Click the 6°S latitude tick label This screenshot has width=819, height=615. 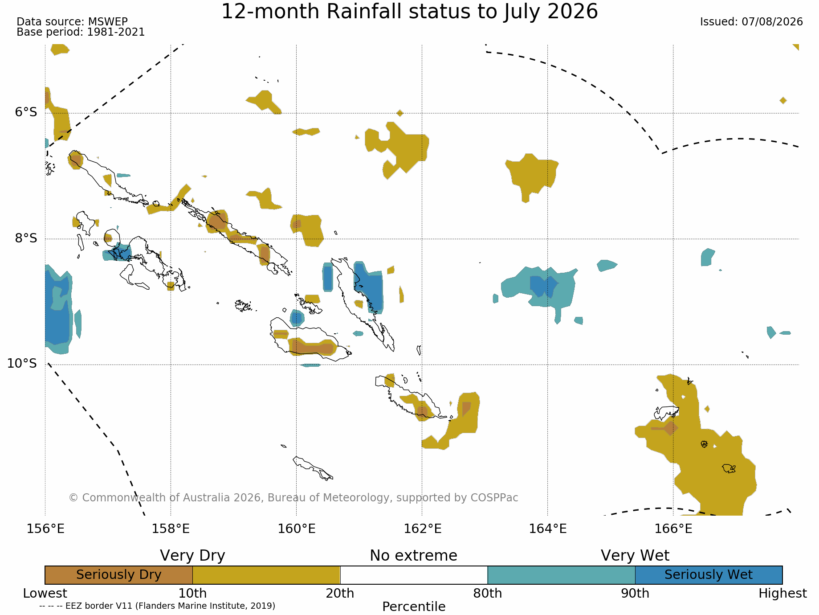tap(26, 112)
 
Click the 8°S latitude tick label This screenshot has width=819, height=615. tap(26, 238)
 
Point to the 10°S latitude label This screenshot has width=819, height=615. tap(22, 364)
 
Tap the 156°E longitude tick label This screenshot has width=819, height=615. tap(45, 529)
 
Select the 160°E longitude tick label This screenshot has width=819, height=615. tap(297, 529)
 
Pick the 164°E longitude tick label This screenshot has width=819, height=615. tap(548, 529)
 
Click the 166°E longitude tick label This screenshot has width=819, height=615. tap(673, 529)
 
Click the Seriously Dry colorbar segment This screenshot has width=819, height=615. tap(119, 575)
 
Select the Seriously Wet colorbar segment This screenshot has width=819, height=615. tap(709, 575)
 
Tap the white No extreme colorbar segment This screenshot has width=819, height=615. tap(414, 575)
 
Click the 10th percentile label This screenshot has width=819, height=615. tap(192, 594)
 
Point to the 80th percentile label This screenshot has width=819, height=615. tap(488, 594)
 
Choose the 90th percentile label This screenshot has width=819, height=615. tap(635, 594)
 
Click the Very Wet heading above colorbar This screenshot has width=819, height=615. tap(635, 556)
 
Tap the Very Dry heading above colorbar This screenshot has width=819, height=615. tap(192, 556)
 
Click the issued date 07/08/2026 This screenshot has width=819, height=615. tap(772, 22)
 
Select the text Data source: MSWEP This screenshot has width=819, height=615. tap(72, 22)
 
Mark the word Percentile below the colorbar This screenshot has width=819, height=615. tap(414, 607)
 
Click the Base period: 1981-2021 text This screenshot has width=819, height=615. tap(81, 32)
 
